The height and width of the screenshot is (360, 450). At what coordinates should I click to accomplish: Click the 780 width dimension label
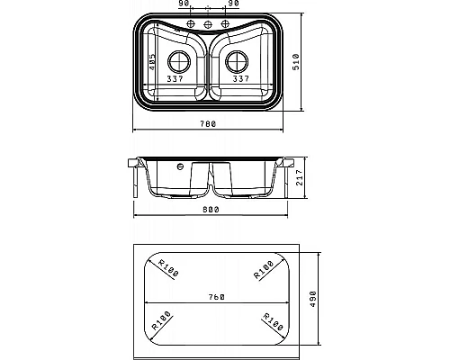(208, 123)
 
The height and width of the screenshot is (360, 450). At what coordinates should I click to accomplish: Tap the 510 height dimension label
(296, 62)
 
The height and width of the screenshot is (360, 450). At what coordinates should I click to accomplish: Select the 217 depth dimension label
(300, 177)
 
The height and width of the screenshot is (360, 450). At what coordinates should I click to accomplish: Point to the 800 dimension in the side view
(211, 210)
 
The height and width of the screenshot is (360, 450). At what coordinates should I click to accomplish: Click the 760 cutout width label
(217, 297)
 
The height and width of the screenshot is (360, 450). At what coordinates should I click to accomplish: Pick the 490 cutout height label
(312, 299)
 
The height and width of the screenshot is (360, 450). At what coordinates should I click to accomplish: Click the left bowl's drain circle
(179, 62)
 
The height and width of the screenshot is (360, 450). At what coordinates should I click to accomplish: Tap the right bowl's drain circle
(237, 62)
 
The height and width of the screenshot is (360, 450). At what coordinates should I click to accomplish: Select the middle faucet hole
(208, 24)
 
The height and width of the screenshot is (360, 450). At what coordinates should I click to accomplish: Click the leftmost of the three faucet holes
(191, 23)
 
